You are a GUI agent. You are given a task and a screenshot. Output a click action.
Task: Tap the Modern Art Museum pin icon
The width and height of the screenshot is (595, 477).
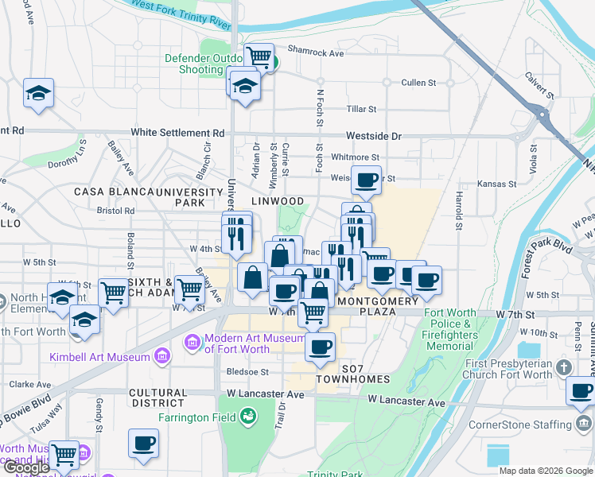(192, 343)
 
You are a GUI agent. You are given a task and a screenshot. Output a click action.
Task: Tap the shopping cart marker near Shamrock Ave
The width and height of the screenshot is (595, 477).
(259, 57)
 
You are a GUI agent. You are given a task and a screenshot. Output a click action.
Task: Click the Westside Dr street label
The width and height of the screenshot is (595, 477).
(374, 136)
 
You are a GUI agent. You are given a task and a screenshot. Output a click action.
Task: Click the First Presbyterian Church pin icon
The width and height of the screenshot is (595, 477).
(564, 367)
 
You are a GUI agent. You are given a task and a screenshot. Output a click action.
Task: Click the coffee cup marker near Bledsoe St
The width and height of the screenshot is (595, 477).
(320, 346)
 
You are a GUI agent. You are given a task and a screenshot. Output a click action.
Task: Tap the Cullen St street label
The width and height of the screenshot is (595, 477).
(418, 82)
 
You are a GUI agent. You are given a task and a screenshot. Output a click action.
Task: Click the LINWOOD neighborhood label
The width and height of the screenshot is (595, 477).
(278, 201)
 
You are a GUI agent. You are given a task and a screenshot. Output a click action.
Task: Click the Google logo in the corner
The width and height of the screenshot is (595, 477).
(25, 467)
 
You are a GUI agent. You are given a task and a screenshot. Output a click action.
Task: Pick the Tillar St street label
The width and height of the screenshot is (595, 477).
(361, 109)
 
